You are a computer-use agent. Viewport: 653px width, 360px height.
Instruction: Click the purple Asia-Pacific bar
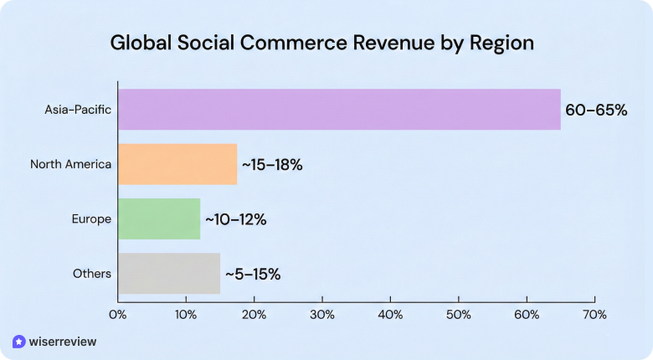339,109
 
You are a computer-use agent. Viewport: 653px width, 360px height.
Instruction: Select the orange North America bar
177,164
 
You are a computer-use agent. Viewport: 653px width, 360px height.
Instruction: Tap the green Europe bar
159,219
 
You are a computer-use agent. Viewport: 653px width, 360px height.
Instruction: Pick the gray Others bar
169,274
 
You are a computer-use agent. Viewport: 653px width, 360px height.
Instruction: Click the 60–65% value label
596,110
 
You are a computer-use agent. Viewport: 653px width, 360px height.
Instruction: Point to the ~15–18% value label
272,165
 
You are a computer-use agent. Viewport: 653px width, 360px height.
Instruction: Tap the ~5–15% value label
252,275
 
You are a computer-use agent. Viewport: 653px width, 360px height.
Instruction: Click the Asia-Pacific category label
78,110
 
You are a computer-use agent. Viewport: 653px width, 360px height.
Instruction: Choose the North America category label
71,164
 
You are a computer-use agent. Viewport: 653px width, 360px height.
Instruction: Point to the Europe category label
92,219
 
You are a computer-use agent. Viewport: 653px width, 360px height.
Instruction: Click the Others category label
93,274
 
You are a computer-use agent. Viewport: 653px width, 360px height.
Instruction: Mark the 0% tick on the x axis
118,315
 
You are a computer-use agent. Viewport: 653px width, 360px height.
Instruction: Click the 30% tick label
322,315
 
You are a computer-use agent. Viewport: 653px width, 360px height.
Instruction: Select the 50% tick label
459,315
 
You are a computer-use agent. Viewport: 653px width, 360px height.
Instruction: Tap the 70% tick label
594,315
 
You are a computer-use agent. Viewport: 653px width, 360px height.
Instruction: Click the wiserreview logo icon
19,342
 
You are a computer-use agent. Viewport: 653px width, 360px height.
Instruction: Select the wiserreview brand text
63,342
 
